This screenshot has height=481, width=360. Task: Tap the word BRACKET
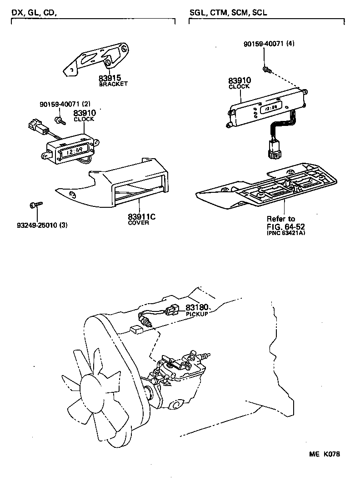pos(113,84)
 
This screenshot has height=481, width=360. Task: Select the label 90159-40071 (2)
pos(65,105)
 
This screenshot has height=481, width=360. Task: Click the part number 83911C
pos(141,216)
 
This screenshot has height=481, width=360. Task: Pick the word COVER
pos(138,223)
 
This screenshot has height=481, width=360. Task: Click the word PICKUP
pos(197,314)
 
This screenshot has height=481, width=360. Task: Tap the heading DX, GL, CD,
pos(34,13)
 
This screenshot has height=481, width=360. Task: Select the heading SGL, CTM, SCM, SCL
pos(228,13)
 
